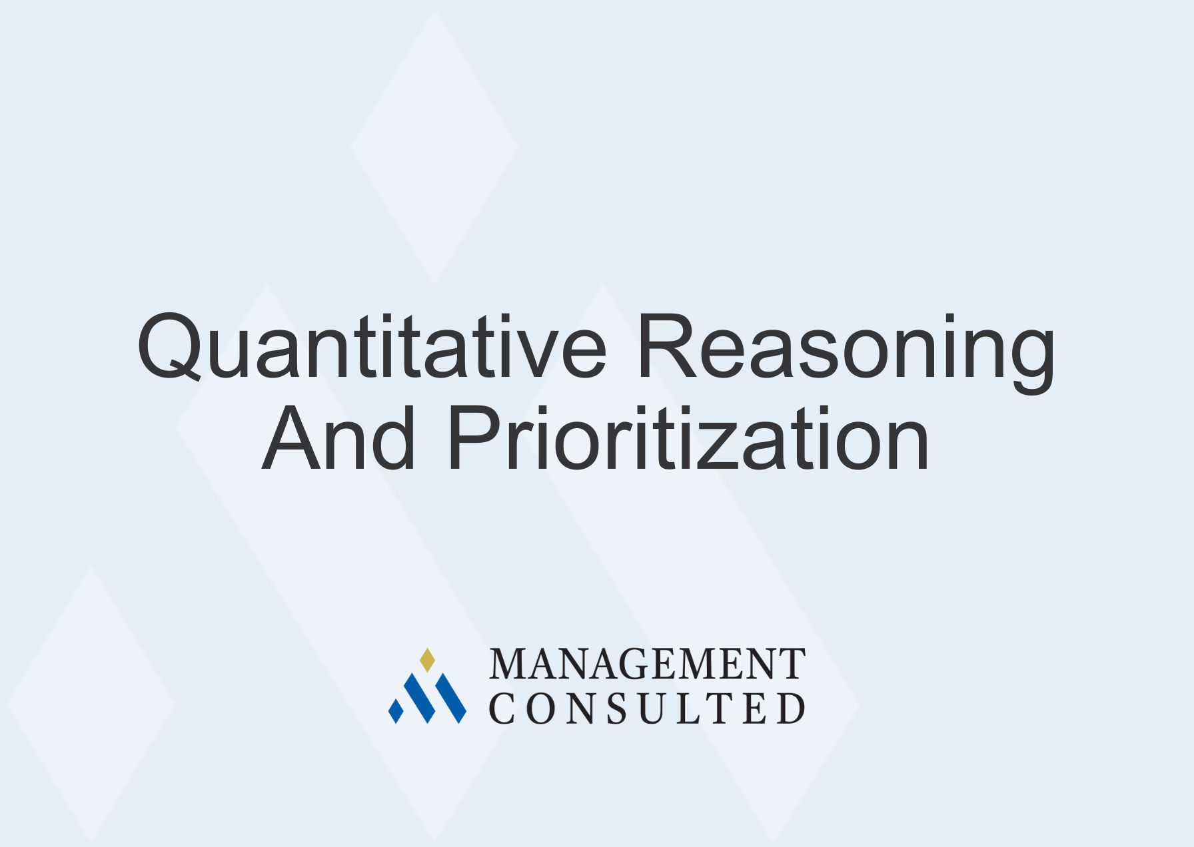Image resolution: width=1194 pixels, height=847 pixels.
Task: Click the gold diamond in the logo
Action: point(427,659)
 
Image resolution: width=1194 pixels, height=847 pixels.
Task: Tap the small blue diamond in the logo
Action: point(396,711)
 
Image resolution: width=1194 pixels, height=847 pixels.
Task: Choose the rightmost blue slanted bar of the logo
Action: point(450,698)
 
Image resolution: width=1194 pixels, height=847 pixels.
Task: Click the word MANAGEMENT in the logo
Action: point(647,664)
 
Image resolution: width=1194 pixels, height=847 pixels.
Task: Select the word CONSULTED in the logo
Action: point(647,708)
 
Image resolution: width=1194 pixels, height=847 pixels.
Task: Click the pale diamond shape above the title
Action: point(434,147)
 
